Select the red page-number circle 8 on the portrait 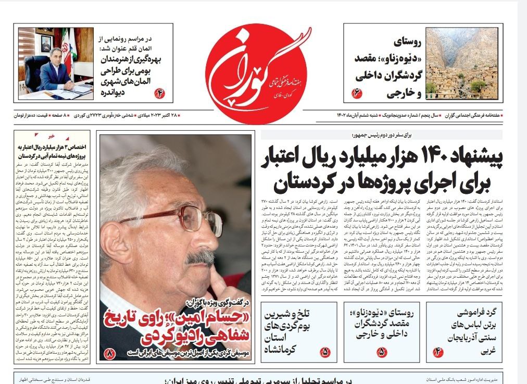point(110,354)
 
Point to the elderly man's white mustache point(201,257)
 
